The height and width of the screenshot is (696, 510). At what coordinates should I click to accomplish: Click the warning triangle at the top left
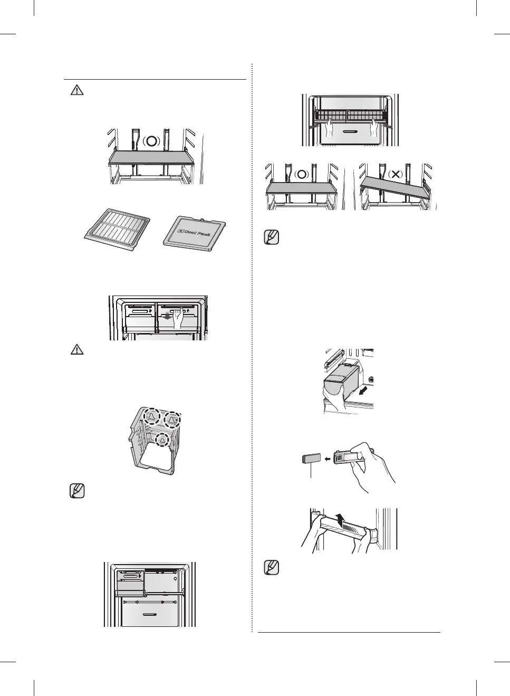pyautogui.click(x=77, y=91)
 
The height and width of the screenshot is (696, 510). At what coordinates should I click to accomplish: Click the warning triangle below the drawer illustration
pyautogui.click(x=77, y=349)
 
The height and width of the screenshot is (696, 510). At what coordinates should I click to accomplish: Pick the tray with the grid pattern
pyautogui.click(x=118, y=231)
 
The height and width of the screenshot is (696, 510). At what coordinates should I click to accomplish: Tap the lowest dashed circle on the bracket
pyautogui.click(x=162, y=440)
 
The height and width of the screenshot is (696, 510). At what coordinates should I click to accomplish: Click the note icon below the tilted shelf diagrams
pyautogui.click(x=271, y=237)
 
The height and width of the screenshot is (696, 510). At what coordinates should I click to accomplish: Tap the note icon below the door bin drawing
pyautogui.click(x=271, y=568)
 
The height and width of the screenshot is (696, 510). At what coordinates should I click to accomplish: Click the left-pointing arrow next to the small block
pyautogui.click(x=328, y=459)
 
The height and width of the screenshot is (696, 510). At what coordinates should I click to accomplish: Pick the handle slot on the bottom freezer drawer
pyautogui.click(x=149, y=614)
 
